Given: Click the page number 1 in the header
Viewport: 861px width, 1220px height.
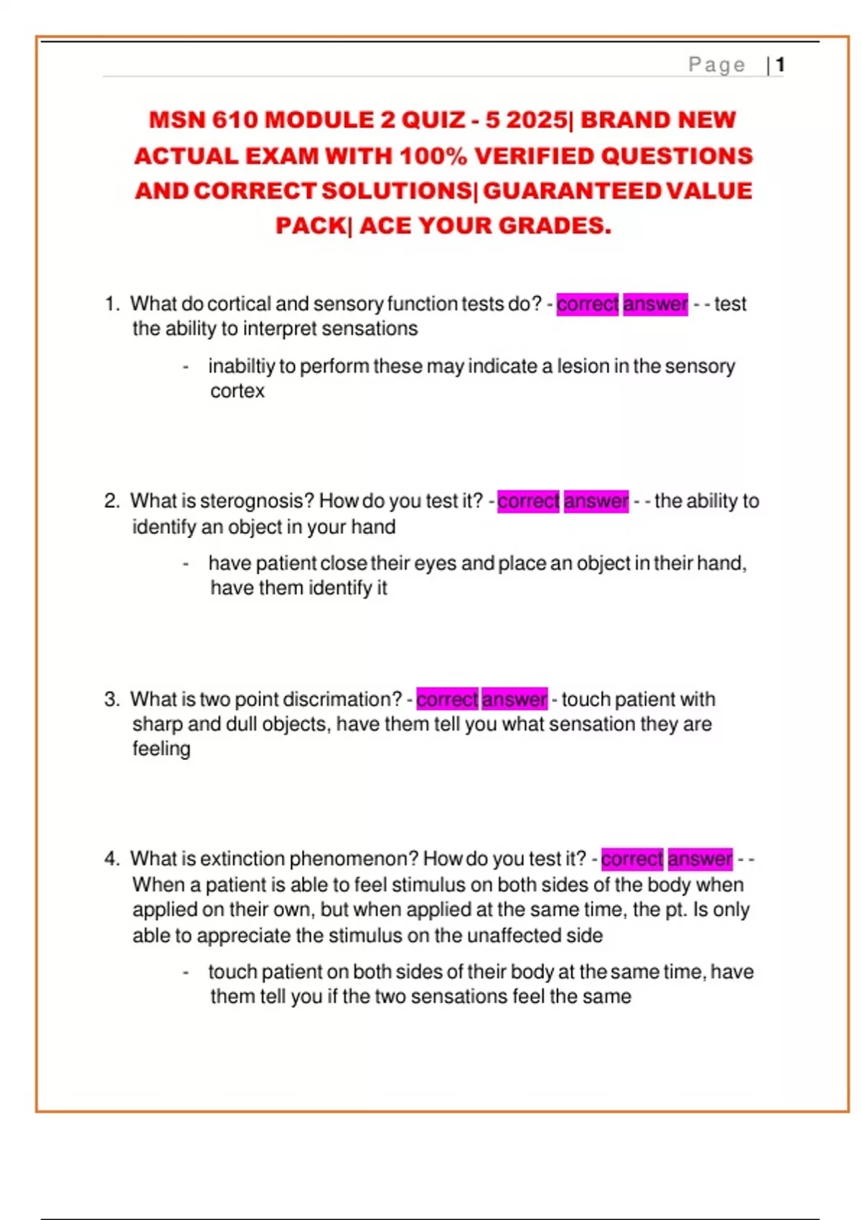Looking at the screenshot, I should pyautogui.click(x=780, y=65).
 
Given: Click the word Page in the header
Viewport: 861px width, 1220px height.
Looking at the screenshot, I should pyautogui.click(x=716, y=65).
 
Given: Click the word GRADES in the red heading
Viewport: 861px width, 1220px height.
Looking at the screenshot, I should pyautogui.click(x=555, y=226).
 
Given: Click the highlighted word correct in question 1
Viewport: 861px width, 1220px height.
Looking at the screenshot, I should pyautogui.click(x=587, y=304).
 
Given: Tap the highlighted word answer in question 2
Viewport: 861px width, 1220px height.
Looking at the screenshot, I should pyautogui.click(x=596, y=501).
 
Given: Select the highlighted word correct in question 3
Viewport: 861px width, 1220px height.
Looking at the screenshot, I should pyautogui.click(x=447, y=699).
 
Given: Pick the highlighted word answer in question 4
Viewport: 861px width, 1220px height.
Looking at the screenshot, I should pyautogui.click(x=700, y=859).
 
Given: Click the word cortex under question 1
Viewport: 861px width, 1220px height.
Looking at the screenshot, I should pyautogui.click(x=237, y=391).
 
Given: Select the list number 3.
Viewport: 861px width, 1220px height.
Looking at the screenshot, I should pyautogui.click(x=111, y=700).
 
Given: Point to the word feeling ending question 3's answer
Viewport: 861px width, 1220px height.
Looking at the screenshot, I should pyautogui.click(x=161, y=749).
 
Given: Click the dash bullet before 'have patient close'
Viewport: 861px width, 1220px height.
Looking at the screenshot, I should pyautogui.click(x=186, y=564).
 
